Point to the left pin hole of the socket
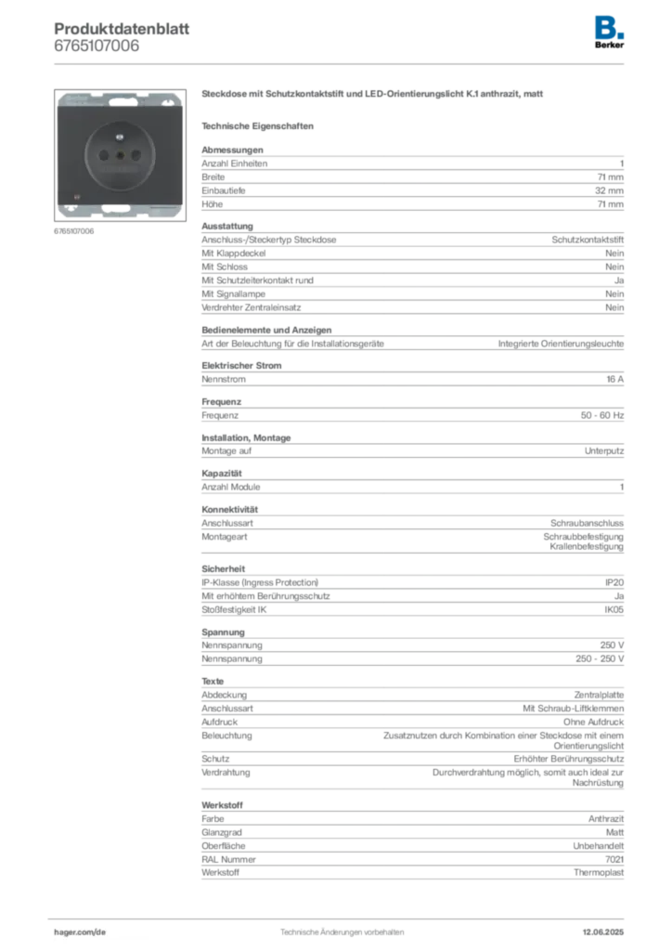coord(104,154)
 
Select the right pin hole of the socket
coord(136,154)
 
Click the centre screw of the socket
coord(121,155)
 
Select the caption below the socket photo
coord(74,231)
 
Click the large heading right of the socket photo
coord(374,95)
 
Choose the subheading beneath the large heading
coord(260,124)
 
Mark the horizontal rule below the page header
coord(342,63)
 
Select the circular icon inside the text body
coord(221,502)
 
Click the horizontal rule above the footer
coord(342,916)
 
